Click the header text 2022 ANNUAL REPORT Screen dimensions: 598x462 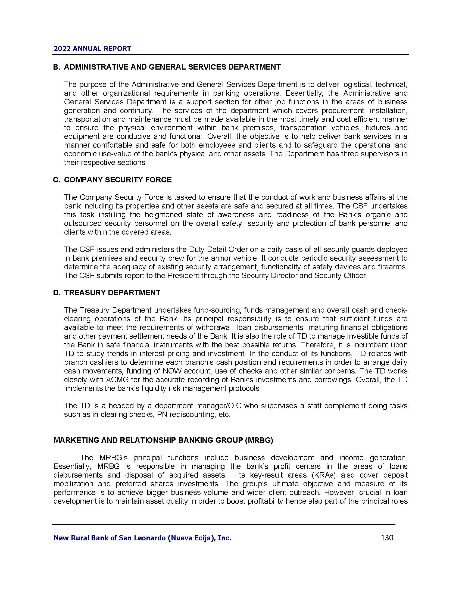(92, 49)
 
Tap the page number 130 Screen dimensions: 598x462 (387, 538)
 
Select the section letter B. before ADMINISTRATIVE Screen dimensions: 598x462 (56, 67)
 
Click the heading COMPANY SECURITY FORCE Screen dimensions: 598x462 (118, 180)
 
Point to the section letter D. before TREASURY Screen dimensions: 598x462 (56, 293)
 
